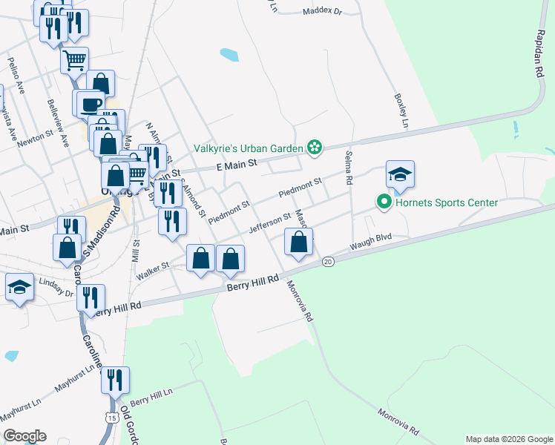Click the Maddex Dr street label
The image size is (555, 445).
[x=322, y=12]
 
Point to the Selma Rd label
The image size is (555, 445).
[x=347, y=167]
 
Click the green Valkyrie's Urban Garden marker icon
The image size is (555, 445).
[x=315, y=148]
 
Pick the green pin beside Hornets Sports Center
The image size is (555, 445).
[x=384, y=202]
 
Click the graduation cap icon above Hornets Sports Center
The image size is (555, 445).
[x=400, y=175]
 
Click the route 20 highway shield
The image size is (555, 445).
[x=329, y=262]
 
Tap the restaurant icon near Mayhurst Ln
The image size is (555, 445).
[x=115, y=380]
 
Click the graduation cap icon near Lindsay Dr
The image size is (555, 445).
[x=19, y=287]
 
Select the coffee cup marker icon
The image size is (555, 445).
[x=91, y=103]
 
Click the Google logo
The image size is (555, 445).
[x=24, y=436]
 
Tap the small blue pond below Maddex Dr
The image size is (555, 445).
[x=229, y=54]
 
